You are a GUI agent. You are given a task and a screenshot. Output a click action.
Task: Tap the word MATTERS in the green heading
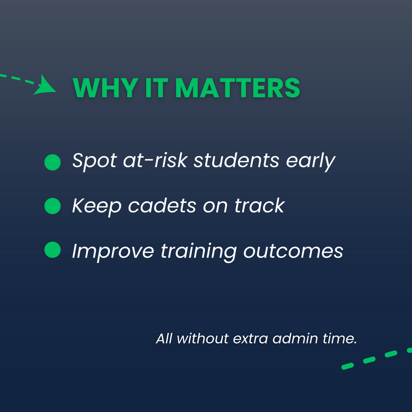(x=238, y=88)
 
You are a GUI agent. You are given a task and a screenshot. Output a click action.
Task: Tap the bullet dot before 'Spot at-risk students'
(x=53, y=162)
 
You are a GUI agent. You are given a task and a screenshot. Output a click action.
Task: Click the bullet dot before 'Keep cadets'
(x=53, y=206)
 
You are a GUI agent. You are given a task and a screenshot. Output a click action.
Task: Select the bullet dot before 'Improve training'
(x=53, y=250)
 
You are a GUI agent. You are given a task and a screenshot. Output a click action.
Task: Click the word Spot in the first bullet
(x=94, y=161)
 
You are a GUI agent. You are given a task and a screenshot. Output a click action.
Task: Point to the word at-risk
(x=155, y=160)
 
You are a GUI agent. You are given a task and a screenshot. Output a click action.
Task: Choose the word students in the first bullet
(x=236, y=160)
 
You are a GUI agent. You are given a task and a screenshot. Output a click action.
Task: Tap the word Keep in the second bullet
(x=96, y=206)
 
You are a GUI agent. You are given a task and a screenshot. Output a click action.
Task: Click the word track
(x=260, y=206)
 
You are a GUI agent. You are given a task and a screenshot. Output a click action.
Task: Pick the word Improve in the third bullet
(x=113, y=251)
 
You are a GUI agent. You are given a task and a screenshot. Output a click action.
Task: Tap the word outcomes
(x=293, y=251)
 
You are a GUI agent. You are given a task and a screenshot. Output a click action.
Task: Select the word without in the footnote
(x=203, y=339)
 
